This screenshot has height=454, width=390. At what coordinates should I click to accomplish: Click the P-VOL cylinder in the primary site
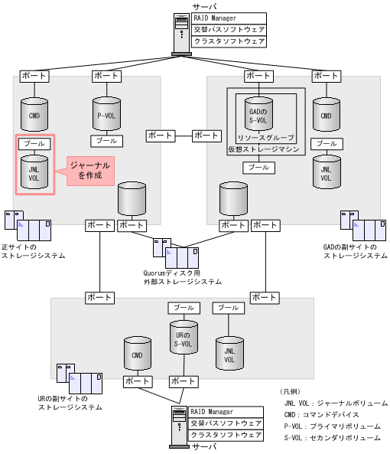pyautogui.click(x=106, y=115)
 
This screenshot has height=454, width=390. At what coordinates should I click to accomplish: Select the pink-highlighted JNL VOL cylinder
pyautogui.click(x=34, y=173)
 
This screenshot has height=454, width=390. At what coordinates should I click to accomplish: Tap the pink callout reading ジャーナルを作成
pyautogui.click(x=89, y=171)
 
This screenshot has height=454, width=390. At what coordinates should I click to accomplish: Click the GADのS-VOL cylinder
pyautogui.click(x=258, y=116)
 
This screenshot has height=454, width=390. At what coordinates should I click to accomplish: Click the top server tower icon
pyautogui.click(x=181, y=31)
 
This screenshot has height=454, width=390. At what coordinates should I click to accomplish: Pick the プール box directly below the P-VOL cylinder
pyautogui.click(x=106, y=141)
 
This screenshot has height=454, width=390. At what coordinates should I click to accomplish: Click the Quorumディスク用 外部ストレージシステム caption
pyautogui.click(x=182, y=276)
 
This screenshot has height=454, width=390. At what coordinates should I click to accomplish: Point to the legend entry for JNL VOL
pyautogui.click(x=335, y=403)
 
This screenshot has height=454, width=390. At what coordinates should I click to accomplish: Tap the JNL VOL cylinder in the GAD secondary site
pyautogui.click(x=327, y=173)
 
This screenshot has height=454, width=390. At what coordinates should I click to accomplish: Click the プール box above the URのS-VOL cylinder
pyautogui.click(x=184, y=307)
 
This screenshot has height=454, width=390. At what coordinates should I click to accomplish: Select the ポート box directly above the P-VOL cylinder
pyautogui.click(x=106, y=76)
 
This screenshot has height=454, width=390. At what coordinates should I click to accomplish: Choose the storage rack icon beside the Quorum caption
pyautogui.click(x=176, y=253)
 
